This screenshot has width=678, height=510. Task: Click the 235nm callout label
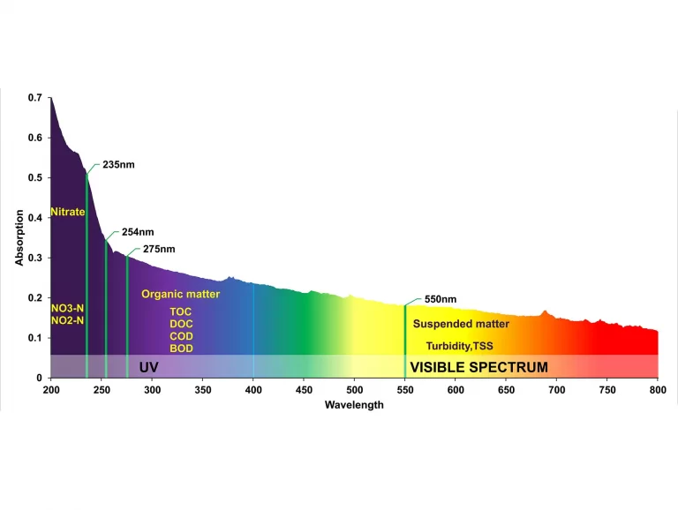pos(118,165)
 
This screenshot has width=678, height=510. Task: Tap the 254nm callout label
pos(138,232)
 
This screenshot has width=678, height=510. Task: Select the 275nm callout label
pos(159,249)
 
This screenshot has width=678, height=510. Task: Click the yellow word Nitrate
pos(68,212)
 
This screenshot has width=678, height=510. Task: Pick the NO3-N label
pos(68,308)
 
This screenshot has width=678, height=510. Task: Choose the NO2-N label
pos(68,320)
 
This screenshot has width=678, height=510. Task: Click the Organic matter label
pos(181,294)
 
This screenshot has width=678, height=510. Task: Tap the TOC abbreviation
pos(181,311)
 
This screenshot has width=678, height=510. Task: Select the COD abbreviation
pos(181,336)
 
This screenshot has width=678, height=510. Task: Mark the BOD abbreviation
pos(181,349)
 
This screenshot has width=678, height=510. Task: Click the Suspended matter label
pos(461,324)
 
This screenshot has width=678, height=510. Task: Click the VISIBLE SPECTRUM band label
pos(478,367)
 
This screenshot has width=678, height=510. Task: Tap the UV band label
pos(148,367)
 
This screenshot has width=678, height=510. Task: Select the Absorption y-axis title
pos(19,237)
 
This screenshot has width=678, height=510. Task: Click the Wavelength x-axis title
pos(354,405)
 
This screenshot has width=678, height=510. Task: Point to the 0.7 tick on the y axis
pos(34,97)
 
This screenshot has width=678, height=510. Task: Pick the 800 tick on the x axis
pos(658,389)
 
